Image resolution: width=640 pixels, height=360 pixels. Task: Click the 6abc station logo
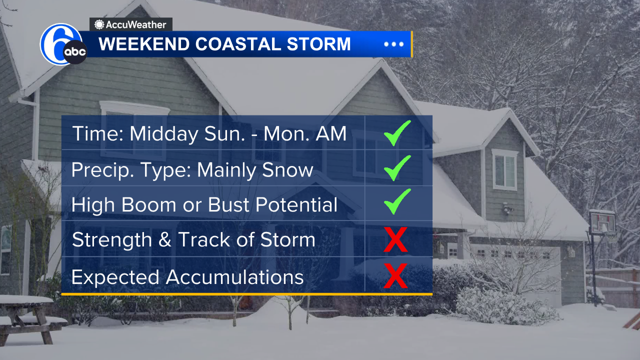(63, 44)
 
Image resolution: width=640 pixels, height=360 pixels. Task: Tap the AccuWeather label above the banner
(130, 24)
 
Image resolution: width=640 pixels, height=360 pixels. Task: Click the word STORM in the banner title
(318, 44)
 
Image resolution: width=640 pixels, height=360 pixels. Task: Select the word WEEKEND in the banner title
(144, 44)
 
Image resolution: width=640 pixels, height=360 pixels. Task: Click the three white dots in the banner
(393, 44)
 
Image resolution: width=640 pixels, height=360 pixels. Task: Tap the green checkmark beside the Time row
(397, 133)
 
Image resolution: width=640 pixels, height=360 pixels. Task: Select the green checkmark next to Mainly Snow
(397, 168)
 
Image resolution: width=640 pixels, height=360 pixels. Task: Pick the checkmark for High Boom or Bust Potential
(397, 201)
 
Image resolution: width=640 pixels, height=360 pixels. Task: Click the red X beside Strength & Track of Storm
(395, 239)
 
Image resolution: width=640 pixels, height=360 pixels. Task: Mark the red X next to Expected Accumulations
(395, 275)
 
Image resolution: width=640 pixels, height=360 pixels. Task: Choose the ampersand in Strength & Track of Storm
(165, 239)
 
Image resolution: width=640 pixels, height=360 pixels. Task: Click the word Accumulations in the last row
(234, 277)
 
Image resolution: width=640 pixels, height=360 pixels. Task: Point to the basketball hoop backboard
(602, 221)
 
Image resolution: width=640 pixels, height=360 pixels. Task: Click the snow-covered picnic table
(27, 318)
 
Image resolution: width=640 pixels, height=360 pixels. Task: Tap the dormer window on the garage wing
(504, 169)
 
